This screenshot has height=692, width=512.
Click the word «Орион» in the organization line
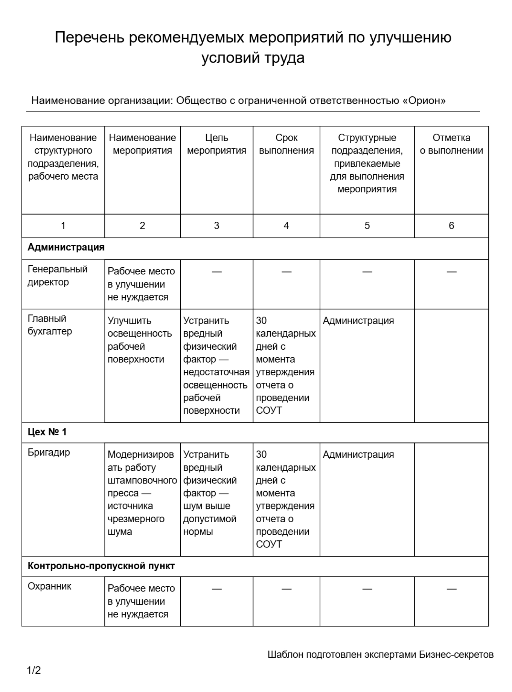click(424, 101)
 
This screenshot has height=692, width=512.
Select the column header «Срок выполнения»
click(286, 144)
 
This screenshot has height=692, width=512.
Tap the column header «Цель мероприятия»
click(216, 144)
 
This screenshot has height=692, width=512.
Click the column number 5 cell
click(367, 226)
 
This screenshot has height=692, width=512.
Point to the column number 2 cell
click(142, 226)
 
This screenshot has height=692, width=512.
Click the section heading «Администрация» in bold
click(66, 247)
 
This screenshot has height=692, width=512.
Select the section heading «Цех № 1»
click(47, 432)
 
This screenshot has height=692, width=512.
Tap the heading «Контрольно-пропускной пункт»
click(101, 566)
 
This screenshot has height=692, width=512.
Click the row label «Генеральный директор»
click(57, 276)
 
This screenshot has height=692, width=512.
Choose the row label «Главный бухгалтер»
click(50, 325)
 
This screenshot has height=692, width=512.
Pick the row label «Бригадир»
click(49, 452)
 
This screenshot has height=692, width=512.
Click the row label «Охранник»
click(49, 586)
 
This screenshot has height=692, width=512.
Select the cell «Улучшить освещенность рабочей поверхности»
click(139, 340)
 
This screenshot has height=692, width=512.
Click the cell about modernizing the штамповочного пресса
click(142, 493)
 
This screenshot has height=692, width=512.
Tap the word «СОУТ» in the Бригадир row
click(269, 544)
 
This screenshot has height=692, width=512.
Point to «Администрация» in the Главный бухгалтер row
click(358, 321)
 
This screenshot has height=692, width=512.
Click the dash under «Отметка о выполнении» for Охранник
click(451, 589)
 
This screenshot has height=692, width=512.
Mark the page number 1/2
click(34, 670)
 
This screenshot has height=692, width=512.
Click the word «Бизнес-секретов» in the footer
click(456, 654)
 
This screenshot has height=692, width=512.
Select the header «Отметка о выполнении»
click(451, 144)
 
